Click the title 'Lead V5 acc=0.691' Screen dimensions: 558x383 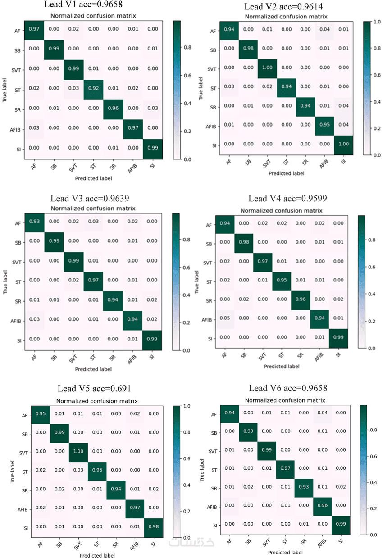tap(94, 389)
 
